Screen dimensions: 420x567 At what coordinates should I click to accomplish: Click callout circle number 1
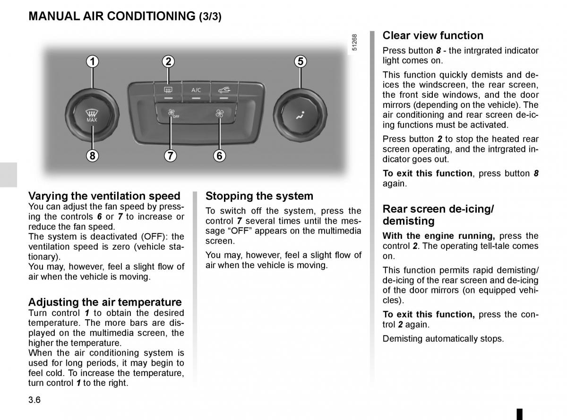pos(93,61)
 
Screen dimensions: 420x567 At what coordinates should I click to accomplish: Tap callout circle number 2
pos(168,61)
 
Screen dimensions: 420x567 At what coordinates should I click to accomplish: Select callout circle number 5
pos(301,61)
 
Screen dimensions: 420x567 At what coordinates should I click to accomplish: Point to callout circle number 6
pos(219,155)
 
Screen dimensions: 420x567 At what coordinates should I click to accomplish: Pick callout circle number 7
pos(170,155)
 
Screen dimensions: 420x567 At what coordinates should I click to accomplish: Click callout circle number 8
pos(93,155)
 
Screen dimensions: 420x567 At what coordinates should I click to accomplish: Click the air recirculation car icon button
pos(223,89)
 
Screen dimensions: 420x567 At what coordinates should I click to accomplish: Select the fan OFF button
pos(171,114)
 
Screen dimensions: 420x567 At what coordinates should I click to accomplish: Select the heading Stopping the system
pos(259,196)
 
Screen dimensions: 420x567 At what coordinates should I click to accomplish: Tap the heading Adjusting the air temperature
pos(105,302)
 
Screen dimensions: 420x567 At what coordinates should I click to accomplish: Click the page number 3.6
pos(34,400)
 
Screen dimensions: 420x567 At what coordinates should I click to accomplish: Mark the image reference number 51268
pos(355,43)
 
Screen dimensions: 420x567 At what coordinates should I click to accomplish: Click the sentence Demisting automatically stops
pos(443,339)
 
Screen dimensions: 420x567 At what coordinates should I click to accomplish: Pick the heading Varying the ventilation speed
pos(104,196)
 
